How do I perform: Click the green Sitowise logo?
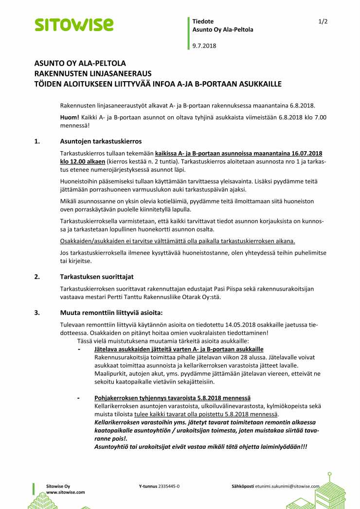[73, 24]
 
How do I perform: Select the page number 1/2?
[323, 21]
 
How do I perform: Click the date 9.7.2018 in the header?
[204, 46]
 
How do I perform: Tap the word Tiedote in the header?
[203, 21]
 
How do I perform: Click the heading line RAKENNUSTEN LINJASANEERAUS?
[93, 73]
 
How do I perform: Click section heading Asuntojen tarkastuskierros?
[101, 141]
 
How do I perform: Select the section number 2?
[37, 277]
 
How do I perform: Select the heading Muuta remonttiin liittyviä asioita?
[108, 313]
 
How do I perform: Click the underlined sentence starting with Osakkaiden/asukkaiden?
[178, 241]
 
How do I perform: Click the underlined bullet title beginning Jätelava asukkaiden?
[179, 349]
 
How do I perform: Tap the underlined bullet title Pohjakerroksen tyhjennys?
[172, 398]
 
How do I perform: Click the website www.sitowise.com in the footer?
[66, 492]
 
